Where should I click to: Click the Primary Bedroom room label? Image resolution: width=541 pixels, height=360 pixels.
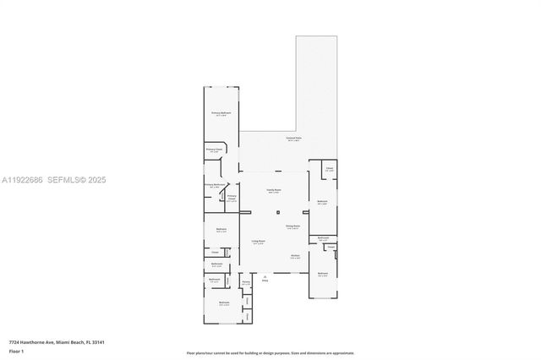pyautogui.click(x=221, y=112)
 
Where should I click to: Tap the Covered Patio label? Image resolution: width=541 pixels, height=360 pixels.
pyautogui.click(x=293, y=139)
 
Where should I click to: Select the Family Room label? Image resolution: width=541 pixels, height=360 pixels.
pyautogui.click(x=273, y=190)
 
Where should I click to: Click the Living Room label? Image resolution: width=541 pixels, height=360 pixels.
pyautogui.click(x=258, y=242)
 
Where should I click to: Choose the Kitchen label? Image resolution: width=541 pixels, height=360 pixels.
pyautogui.click(x=296, y=256)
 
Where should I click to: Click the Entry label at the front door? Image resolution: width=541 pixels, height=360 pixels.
pyautogui.click(x=265, y=278)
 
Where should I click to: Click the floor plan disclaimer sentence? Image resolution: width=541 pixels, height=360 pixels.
pyautogui.click(x=270, y=352)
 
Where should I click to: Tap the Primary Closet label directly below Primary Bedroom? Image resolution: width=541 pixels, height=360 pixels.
pyautogui.click(x=215, y=149)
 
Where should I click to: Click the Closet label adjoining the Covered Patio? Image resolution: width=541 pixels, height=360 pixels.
pyautogui.click(x=329, y=170)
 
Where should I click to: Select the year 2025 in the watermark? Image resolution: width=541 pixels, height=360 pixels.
pyautogui.click(x=96, y=179)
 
